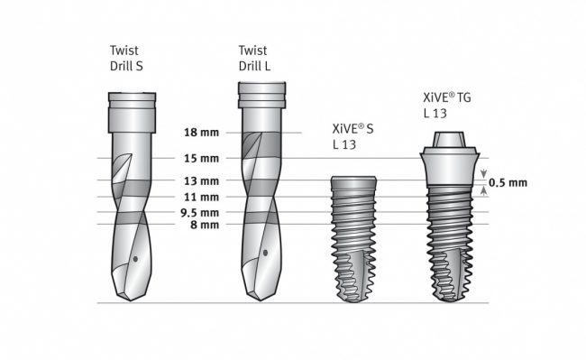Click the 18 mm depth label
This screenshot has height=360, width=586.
[x=201, y=133]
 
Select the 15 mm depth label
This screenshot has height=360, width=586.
[x=201, y=158]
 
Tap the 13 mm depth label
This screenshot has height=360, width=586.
[x=201, y=180]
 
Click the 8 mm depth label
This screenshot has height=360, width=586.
[x=204, y=225]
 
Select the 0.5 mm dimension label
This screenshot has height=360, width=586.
[x=508, y=182]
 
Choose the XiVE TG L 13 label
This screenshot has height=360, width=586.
[x=448, y=105]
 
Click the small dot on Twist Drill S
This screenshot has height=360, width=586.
[x=134, y=259]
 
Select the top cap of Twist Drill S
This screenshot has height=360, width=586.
[x=132, y=97]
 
